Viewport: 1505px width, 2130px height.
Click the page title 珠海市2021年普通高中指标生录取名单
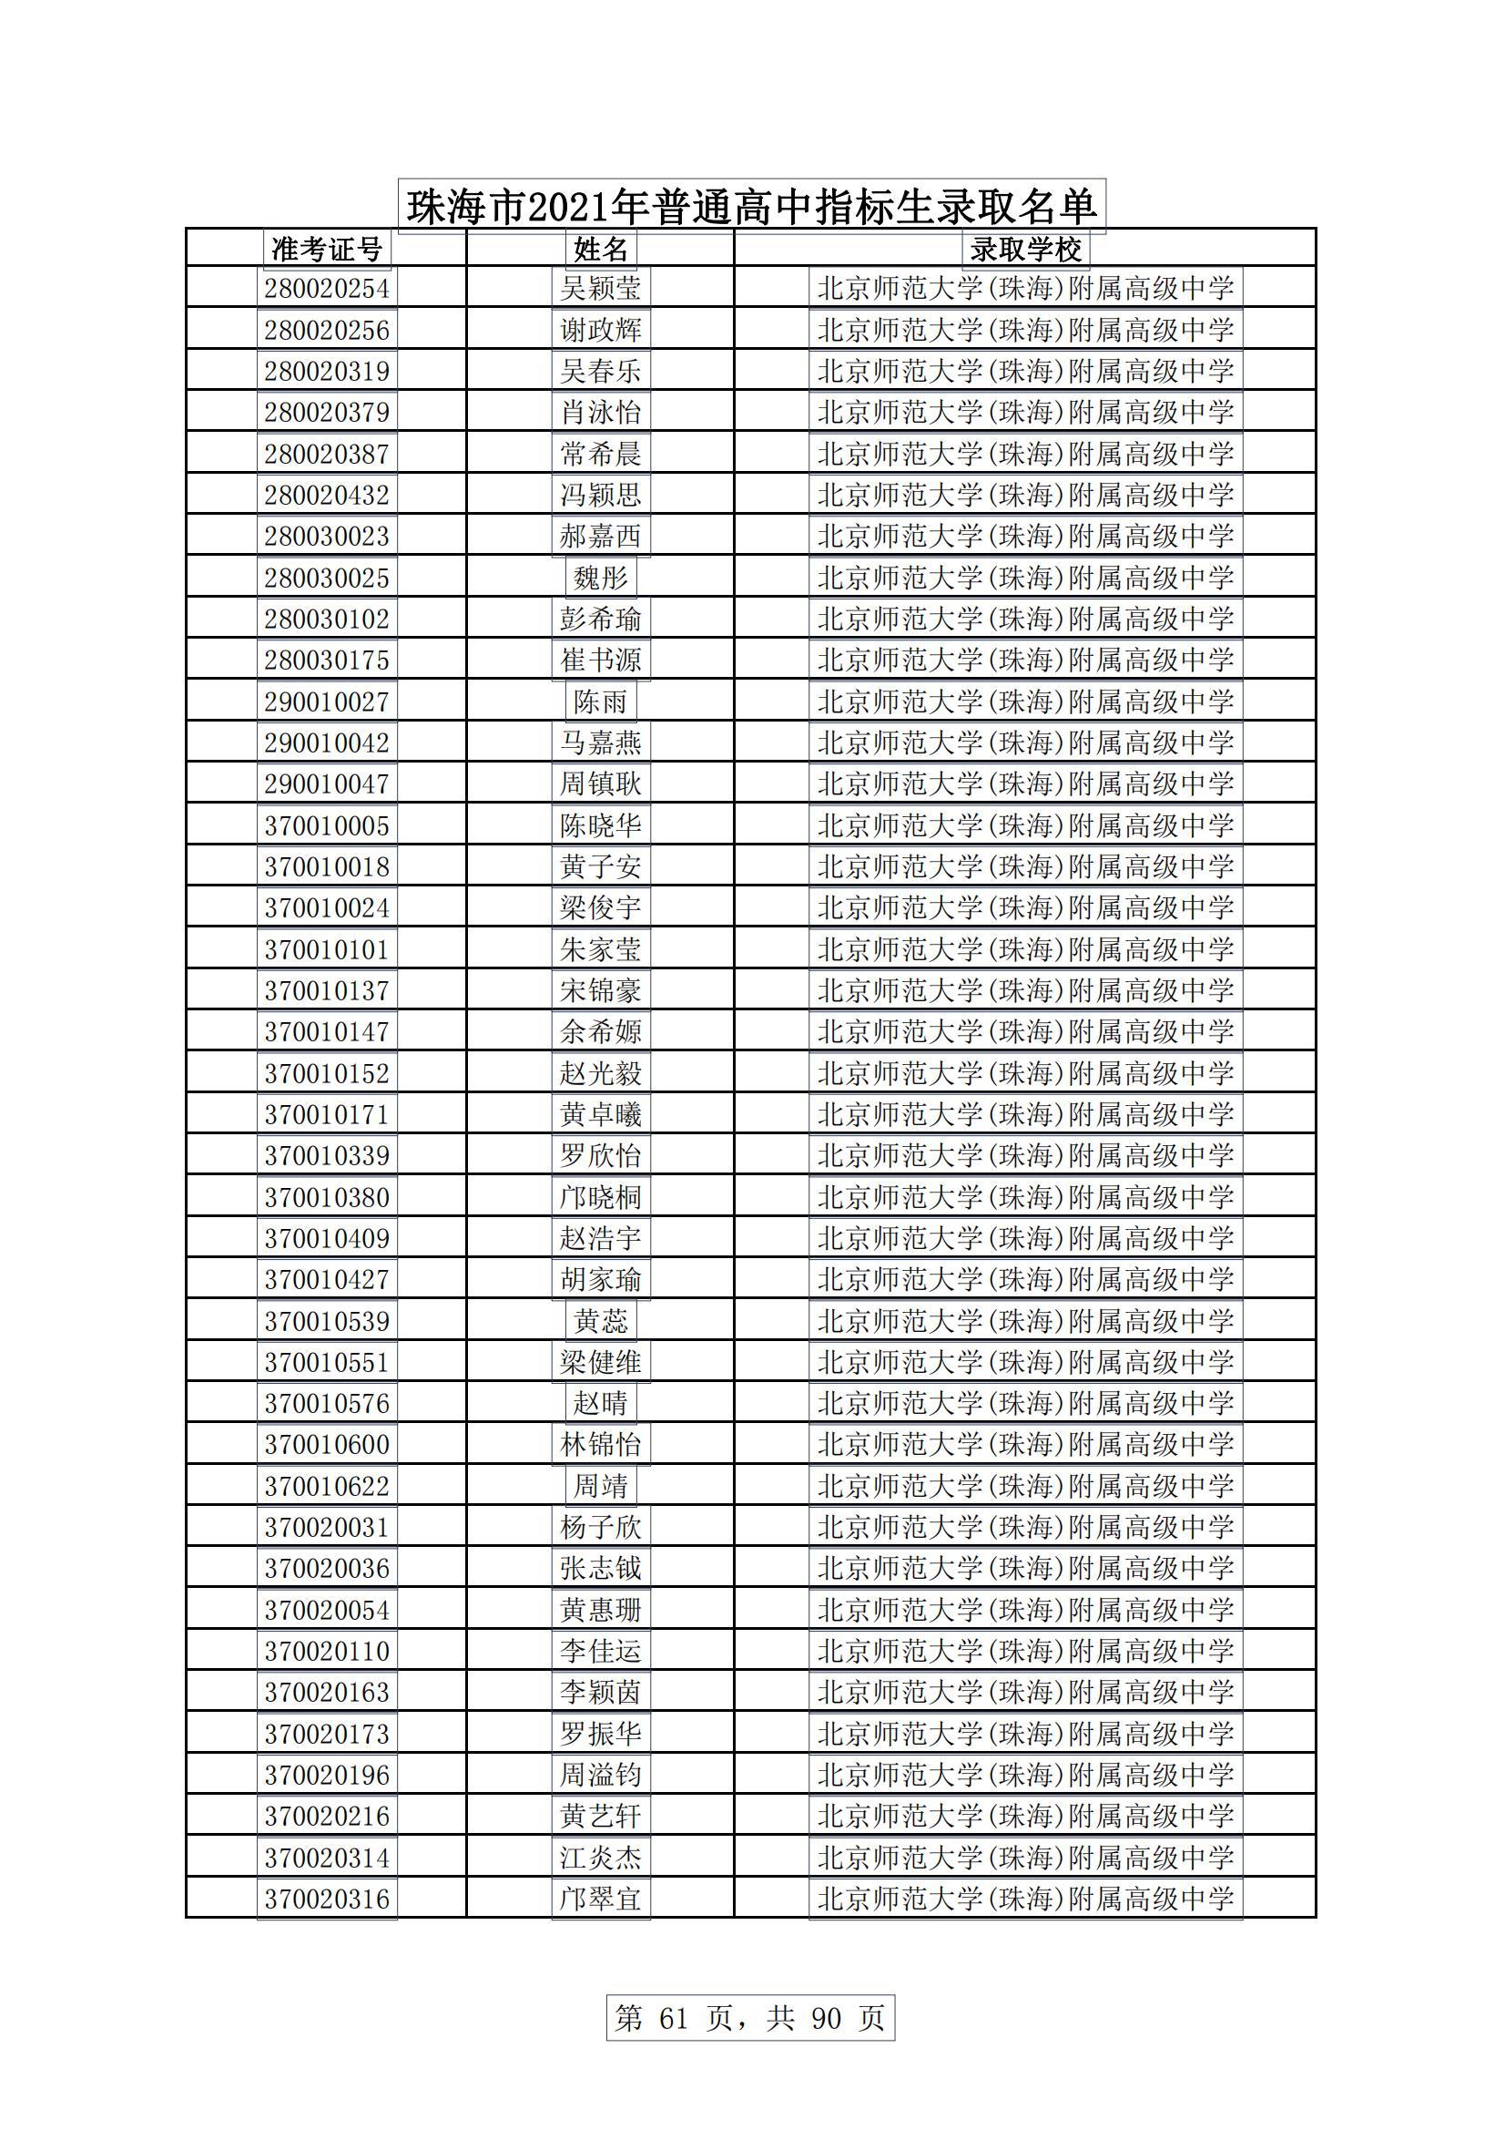(751, 206)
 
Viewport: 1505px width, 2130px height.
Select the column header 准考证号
(327, 249)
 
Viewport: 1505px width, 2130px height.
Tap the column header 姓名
(601, 249)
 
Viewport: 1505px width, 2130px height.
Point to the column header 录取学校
(1024, 249)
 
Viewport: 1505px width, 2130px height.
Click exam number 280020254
(327, 289)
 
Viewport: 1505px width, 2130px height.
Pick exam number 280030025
(327, 578)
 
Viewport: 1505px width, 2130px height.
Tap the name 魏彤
(601, 578)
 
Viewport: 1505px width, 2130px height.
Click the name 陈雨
(601, 701)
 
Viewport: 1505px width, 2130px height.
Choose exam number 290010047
(327, 783)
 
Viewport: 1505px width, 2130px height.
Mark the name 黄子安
(601, 866)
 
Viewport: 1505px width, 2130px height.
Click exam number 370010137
(327, 991)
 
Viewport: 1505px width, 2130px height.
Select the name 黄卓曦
(601, 1114)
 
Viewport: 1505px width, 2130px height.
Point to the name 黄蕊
(601, 1321)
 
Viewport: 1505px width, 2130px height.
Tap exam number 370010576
(327, 1404)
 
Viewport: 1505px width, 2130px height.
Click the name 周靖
(601, 1486)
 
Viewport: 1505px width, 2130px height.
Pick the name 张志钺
(601, 1569)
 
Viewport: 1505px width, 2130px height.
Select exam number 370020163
(327, 1692)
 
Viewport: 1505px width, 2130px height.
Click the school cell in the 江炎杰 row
(1024, 1858)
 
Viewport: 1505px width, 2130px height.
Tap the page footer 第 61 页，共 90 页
(750, 2018)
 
